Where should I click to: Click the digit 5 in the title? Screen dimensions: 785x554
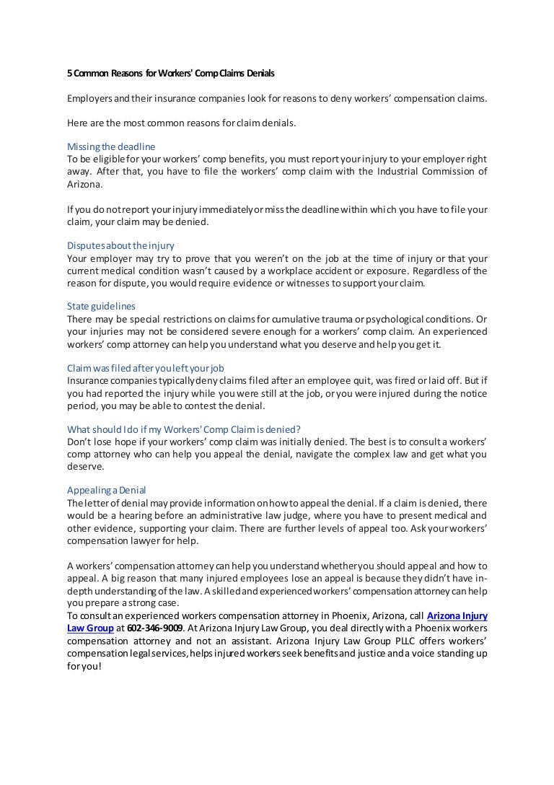(70, 74)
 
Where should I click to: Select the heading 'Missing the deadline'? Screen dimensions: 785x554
(110, 146)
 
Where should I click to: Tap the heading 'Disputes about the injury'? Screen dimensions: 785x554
(120, 245)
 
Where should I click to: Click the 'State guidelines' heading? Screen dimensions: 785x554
(101, 307)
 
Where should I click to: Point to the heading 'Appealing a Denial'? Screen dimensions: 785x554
(107, 491)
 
